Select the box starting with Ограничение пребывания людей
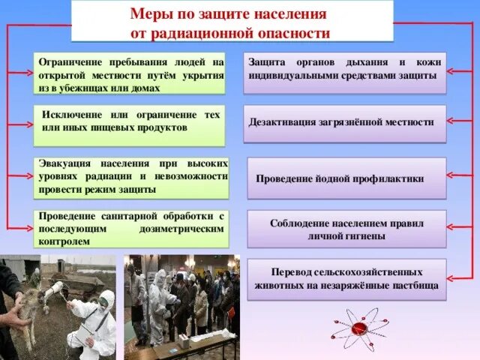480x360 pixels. [x=130, y=73]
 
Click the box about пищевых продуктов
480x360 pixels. [x=130, y=124]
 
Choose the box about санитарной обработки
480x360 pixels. [x=130, y=228]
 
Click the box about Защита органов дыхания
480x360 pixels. [x=344, y=73]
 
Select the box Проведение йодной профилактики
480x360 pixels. [x=346, y=178]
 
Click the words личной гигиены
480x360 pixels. [x=346, y=235]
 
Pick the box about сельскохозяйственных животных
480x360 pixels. [x=346, y=279]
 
